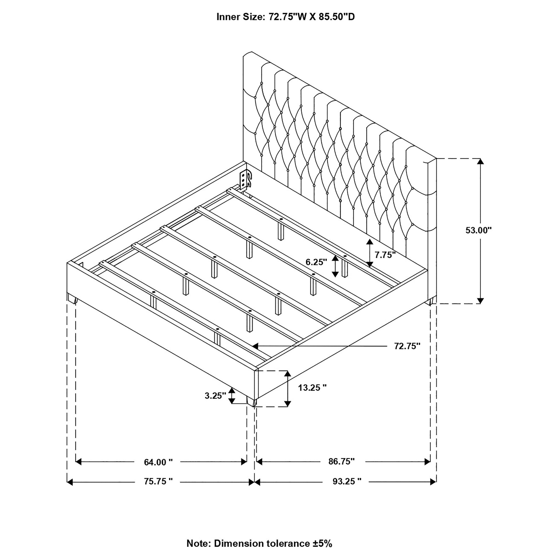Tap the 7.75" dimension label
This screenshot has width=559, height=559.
[x=385, y=255]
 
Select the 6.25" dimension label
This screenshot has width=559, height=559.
[x=316, y=262]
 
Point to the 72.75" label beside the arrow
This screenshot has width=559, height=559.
[x=407, y=346]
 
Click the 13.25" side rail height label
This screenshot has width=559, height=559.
[x=313, y=388]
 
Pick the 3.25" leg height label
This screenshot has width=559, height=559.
[x=215, y=396]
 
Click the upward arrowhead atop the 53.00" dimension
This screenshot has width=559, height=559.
[x=480, y=161]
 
